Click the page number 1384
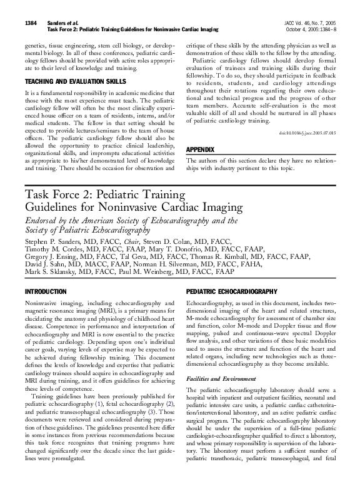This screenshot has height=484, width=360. [x=32, y=23]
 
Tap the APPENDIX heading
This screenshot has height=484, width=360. [x=201, y=150]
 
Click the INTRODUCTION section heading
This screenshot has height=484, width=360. [x=45, y=292]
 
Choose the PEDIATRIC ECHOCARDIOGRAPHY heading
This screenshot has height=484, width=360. [x=232, y=292]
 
